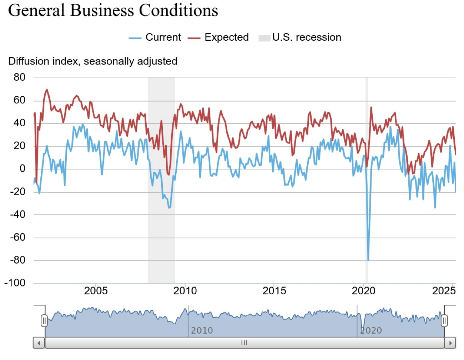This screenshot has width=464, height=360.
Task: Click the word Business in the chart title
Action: (102, 10)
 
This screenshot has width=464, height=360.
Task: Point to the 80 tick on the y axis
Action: (19, 77)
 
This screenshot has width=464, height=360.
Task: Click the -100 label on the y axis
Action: (15, 283)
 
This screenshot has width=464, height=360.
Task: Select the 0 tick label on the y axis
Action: (22, 169)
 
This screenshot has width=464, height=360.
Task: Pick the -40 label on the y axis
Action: (17, 214)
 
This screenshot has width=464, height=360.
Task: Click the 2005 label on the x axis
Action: (96, 291)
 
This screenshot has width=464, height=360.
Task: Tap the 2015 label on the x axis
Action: (274, 291)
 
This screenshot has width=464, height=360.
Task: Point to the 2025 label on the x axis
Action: (444, 291)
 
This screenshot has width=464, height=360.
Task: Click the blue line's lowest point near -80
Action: (368, 260)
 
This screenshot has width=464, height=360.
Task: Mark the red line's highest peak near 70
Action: (46, 90)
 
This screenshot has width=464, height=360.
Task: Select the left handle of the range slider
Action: (44, 321)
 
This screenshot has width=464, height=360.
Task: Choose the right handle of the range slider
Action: (444, 321)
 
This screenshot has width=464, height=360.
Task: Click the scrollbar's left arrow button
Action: (39, 343)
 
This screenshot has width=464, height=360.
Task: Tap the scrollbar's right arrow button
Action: (450, 343)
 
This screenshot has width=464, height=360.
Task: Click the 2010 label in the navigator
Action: (202, 330)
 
